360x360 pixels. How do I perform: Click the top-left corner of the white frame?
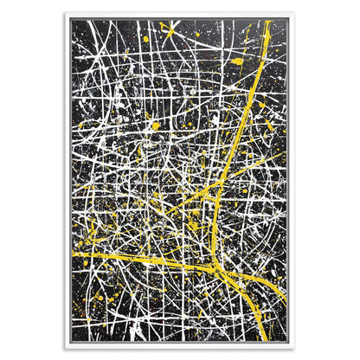(x=66, y=14)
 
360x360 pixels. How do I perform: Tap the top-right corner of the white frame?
(x=293, y=14)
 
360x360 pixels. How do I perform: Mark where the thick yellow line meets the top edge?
(x=267, y=21)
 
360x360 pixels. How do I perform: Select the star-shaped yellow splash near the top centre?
(x=167, y=34)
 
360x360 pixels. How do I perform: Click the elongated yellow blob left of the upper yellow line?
(x=237, y=62)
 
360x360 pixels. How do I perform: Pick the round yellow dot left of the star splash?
(x=146, y=39)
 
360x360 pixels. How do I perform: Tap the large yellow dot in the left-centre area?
(x=156, y=126)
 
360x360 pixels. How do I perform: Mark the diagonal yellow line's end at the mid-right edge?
(x=286, y=153)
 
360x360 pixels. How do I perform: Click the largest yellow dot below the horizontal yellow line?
(x=100, y=298)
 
